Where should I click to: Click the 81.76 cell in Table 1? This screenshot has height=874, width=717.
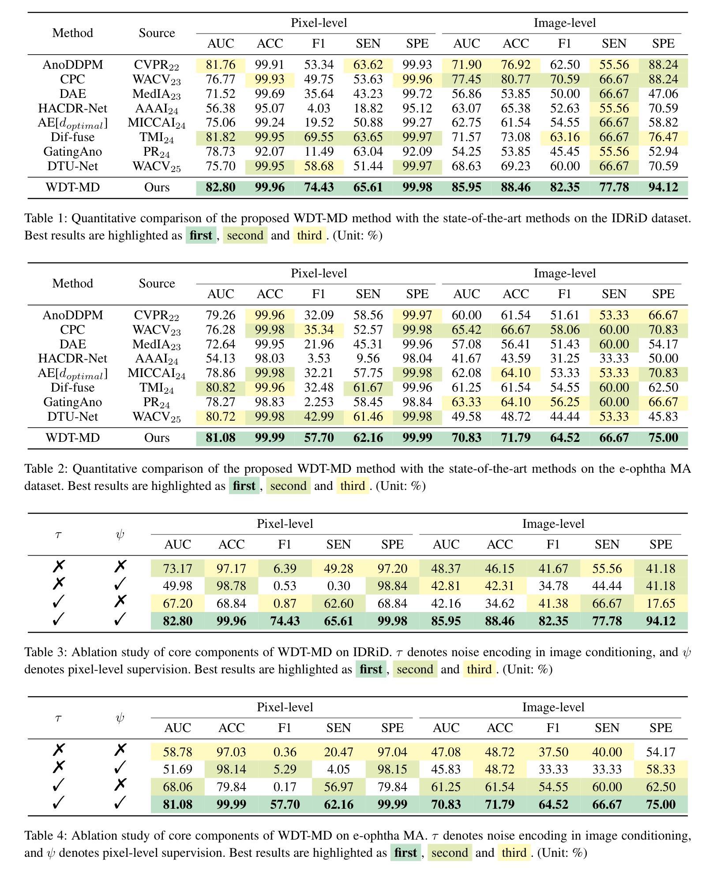221,65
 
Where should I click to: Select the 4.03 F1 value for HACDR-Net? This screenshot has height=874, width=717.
319,108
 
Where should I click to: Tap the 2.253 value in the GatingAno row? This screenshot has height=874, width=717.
319,402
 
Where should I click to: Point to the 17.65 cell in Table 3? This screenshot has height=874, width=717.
661,603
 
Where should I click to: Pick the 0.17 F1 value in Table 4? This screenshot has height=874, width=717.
285,787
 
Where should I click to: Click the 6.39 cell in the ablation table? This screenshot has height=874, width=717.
285,568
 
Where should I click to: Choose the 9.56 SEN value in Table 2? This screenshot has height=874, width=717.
368,358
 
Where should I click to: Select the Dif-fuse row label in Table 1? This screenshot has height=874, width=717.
72,137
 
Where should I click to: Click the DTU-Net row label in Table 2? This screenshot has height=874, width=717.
72,416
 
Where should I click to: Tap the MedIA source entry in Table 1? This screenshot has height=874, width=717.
157,94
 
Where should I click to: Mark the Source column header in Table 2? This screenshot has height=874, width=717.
157,283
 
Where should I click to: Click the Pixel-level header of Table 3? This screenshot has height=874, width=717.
285,523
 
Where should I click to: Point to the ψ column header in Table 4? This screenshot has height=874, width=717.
120,718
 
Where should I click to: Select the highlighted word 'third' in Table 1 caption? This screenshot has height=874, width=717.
309,235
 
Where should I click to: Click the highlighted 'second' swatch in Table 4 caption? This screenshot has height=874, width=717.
450,852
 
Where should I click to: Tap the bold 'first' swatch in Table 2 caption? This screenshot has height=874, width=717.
244,486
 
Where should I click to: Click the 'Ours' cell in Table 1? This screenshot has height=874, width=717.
157,187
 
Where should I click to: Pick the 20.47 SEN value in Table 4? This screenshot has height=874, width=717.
338,752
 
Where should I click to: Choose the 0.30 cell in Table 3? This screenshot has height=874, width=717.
338,586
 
